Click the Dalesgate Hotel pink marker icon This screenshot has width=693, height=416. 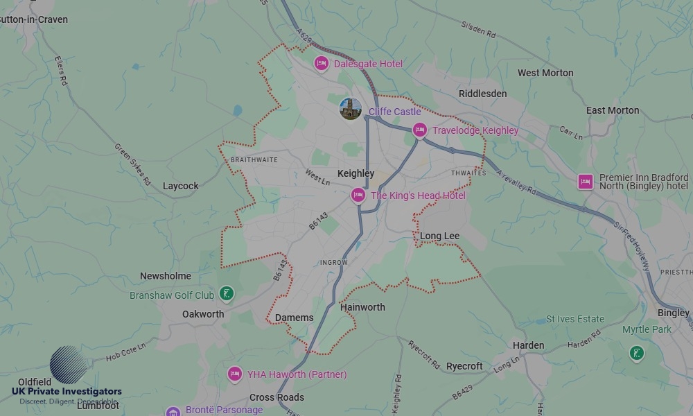pos(321,64)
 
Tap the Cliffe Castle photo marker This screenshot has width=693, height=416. pos(351,108)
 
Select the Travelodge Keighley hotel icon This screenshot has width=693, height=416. pos(419,130)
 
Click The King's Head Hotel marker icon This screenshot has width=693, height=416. pos(358,196)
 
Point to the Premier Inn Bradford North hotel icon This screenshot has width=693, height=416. pos(586,182)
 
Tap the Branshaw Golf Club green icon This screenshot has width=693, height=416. pos(226,295)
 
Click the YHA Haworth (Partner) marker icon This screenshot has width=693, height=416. pos(235,374)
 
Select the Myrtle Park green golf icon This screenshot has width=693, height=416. pos(636,354)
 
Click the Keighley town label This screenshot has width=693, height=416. pos(356,173)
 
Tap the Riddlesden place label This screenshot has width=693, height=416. pos(482,94)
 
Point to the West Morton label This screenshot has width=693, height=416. pos(545,73)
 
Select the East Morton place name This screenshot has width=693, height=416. pos(613,110)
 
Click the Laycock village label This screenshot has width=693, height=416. pos(180,186)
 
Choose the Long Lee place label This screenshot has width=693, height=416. pos(439,236)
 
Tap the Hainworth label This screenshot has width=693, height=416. pos(362,307)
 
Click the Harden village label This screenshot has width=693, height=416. pos(528,345)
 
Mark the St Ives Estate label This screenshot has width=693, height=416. pos(575,319)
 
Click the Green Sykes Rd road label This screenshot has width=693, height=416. pos(132,164)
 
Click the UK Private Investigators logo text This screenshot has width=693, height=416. pos(67,391)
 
